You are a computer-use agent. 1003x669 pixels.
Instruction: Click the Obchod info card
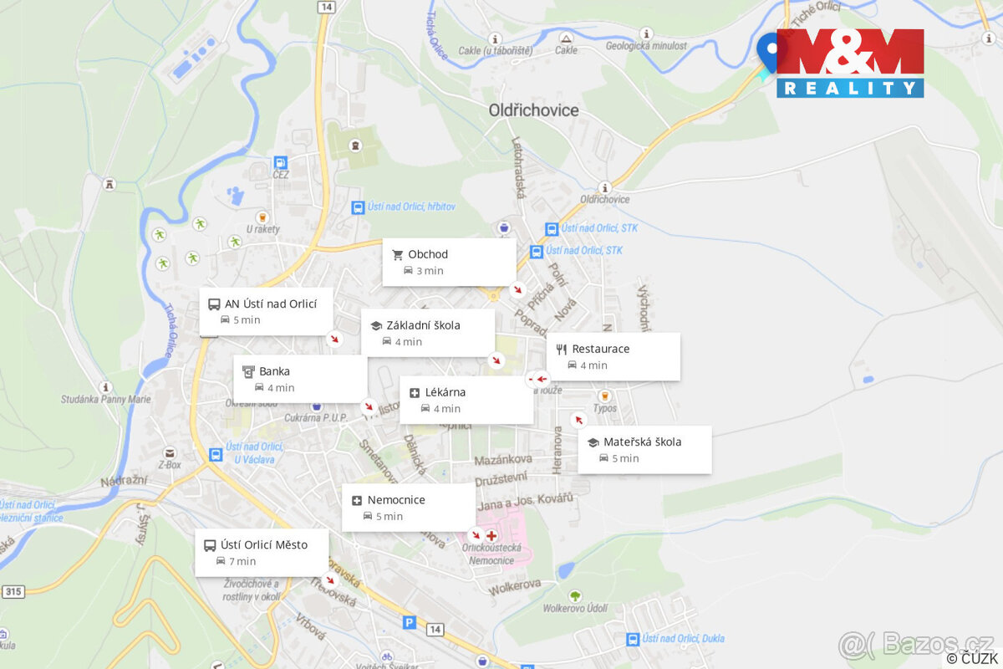[x=449, y=262]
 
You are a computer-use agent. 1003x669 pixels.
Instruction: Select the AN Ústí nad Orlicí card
[x=267, y=311]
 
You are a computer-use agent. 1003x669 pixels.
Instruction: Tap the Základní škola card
[x=427, y=333]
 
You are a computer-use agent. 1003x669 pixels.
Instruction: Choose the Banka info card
[x=299, y=379]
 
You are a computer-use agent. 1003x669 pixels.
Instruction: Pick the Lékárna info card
[x=466, y=400]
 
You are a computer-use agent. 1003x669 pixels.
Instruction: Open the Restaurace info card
[x=613, y=356]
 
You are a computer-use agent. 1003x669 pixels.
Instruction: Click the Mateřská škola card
[x=644, y=449]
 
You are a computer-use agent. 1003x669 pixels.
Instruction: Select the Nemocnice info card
[x=408, y=508]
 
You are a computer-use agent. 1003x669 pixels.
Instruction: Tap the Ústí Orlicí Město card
[x=262, y=552]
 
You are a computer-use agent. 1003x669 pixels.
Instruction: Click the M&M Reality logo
[x=850, y=63]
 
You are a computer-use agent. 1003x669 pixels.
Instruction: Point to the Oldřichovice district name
[x=533, y=110]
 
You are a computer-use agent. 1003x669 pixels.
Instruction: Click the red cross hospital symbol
[x=491, y=534]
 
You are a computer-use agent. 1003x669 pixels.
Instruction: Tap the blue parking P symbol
[x=409, y=622]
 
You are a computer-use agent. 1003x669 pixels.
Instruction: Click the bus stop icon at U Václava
[x=216, y=454]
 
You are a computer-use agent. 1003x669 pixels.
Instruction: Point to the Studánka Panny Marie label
[x=105, y=399]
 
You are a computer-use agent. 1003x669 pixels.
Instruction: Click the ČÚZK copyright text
[x=971, y=658]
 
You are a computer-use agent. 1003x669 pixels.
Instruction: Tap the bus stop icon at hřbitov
[x=358, y=207]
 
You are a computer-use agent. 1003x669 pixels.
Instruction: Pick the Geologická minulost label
[x=646, y=47]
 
